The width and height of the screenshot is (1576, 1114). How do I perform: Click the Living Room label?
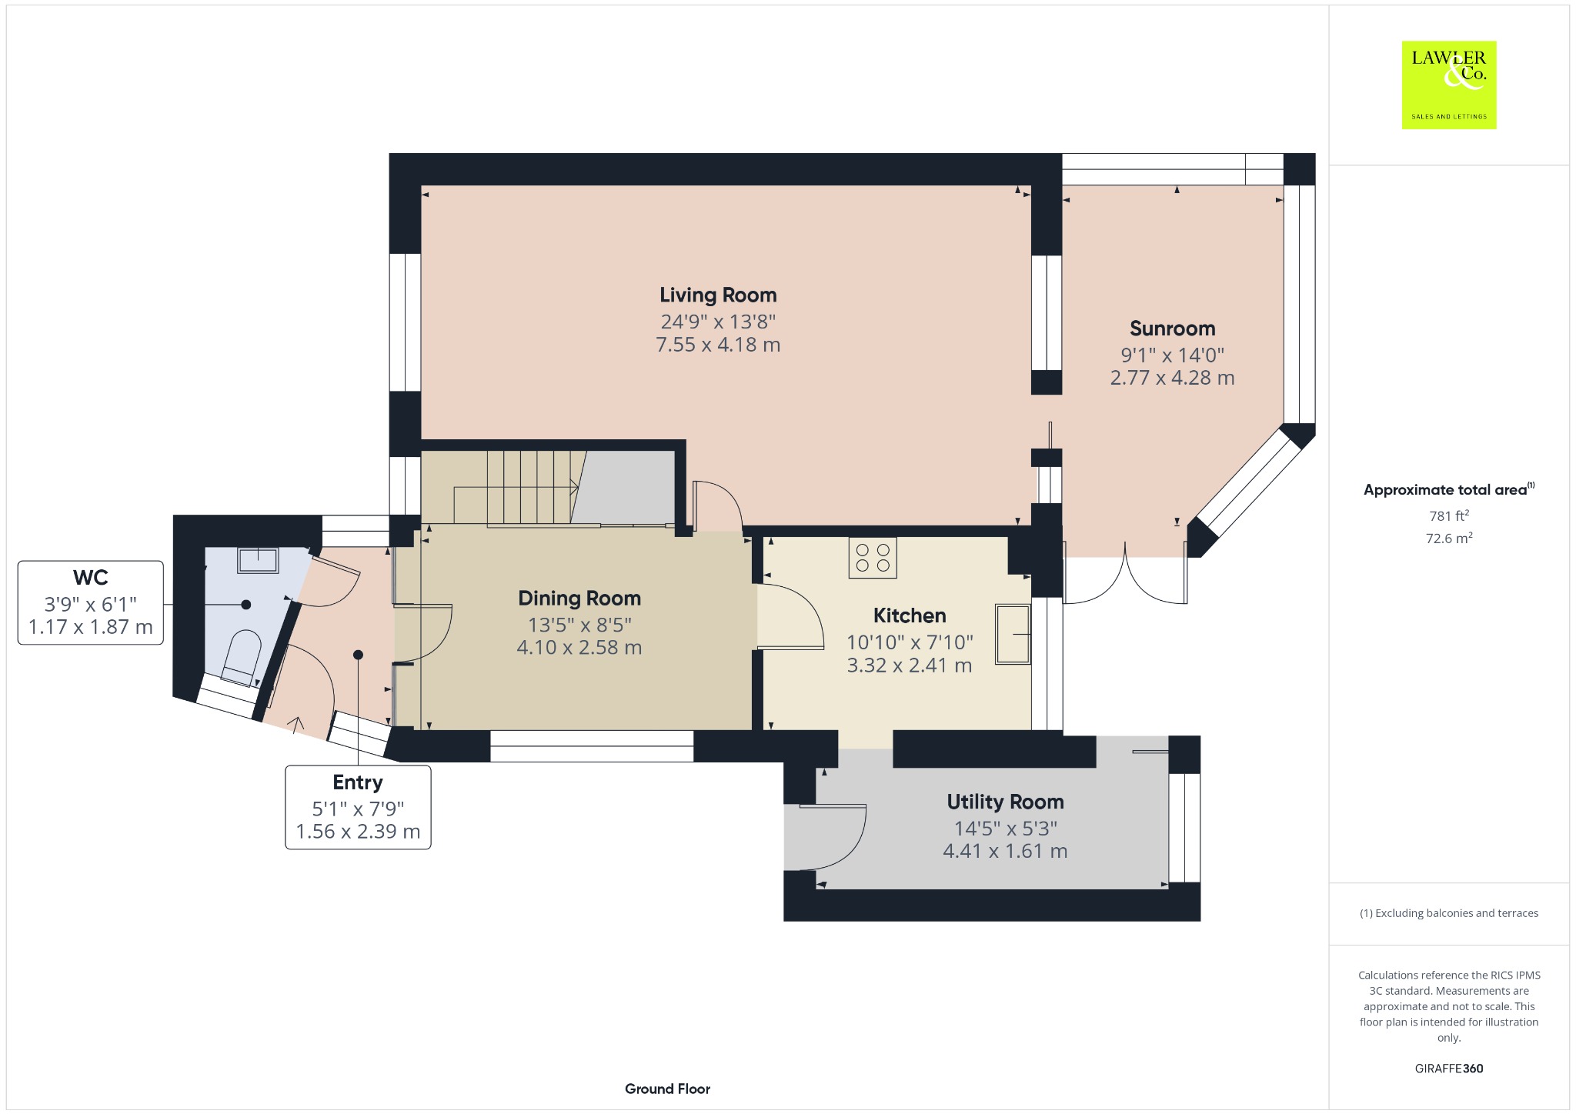pyautogui.click(x=718, y=295)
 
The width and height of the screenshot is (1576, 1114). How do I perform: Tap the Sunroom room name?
pyautogui.click(x=1172, y=329)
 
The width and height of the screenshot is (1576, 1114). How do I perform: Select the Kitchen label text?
pyautogui.click(x=910, y=615)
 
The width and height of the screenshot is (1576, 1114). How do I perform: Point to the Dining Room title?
pyautogui.click(x=579, y=599)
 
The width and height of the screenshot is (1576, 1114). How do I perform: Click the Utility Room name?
pyautogui.click(x=1005, y=802)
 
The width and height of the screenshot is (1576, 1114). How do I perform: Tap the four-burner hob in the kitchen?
pyautogui.click(x=873, y=558)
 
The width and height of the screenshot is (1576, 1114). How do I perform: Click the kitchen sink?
pyautogui.click(x=1013, y=634)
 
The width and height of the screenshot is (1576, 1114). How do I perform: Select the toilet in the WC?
pyautogui.click(x=242, y=657)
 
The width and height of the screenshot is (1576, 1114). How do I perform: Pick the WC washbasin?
pyautogui.click(x=258, y=560)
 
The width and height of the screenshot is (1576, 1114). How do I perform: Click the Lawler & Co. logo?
pyautogui.click(x=1449, y=85)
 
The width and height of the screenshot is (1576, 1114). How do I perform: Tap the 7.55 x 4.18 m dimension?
pyautogui.click(x=718, y=345)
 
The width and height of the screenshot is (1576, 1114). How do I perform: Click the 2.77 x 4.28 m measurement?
pyautogui.click(x=1172, y=378)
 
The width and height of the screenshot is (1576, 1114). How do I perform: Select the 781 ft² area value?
pyautogui.click(x=1449, y=515)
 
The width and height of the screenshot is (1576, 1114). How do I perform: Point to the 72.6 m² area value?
pyautogui.click(x=1449, y=538)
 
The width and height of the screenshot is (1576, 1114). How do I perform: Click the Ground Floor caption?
pyautogui.click(x=667, y=1089)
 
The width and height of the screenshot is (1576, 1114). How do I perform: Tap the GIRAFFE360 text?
pyautogui.click(x=1449, y=1069)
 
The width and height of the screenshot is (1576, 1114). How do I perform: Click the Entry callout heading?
pyautogui.click(x=358, y=782)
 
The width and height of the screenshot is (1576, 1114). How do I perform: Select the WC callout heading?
pyautogui.click(x=91, y=578)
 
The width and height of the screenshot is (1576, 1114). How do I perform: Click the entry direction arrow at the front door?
pyautogui.click(x=295, y=724)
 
